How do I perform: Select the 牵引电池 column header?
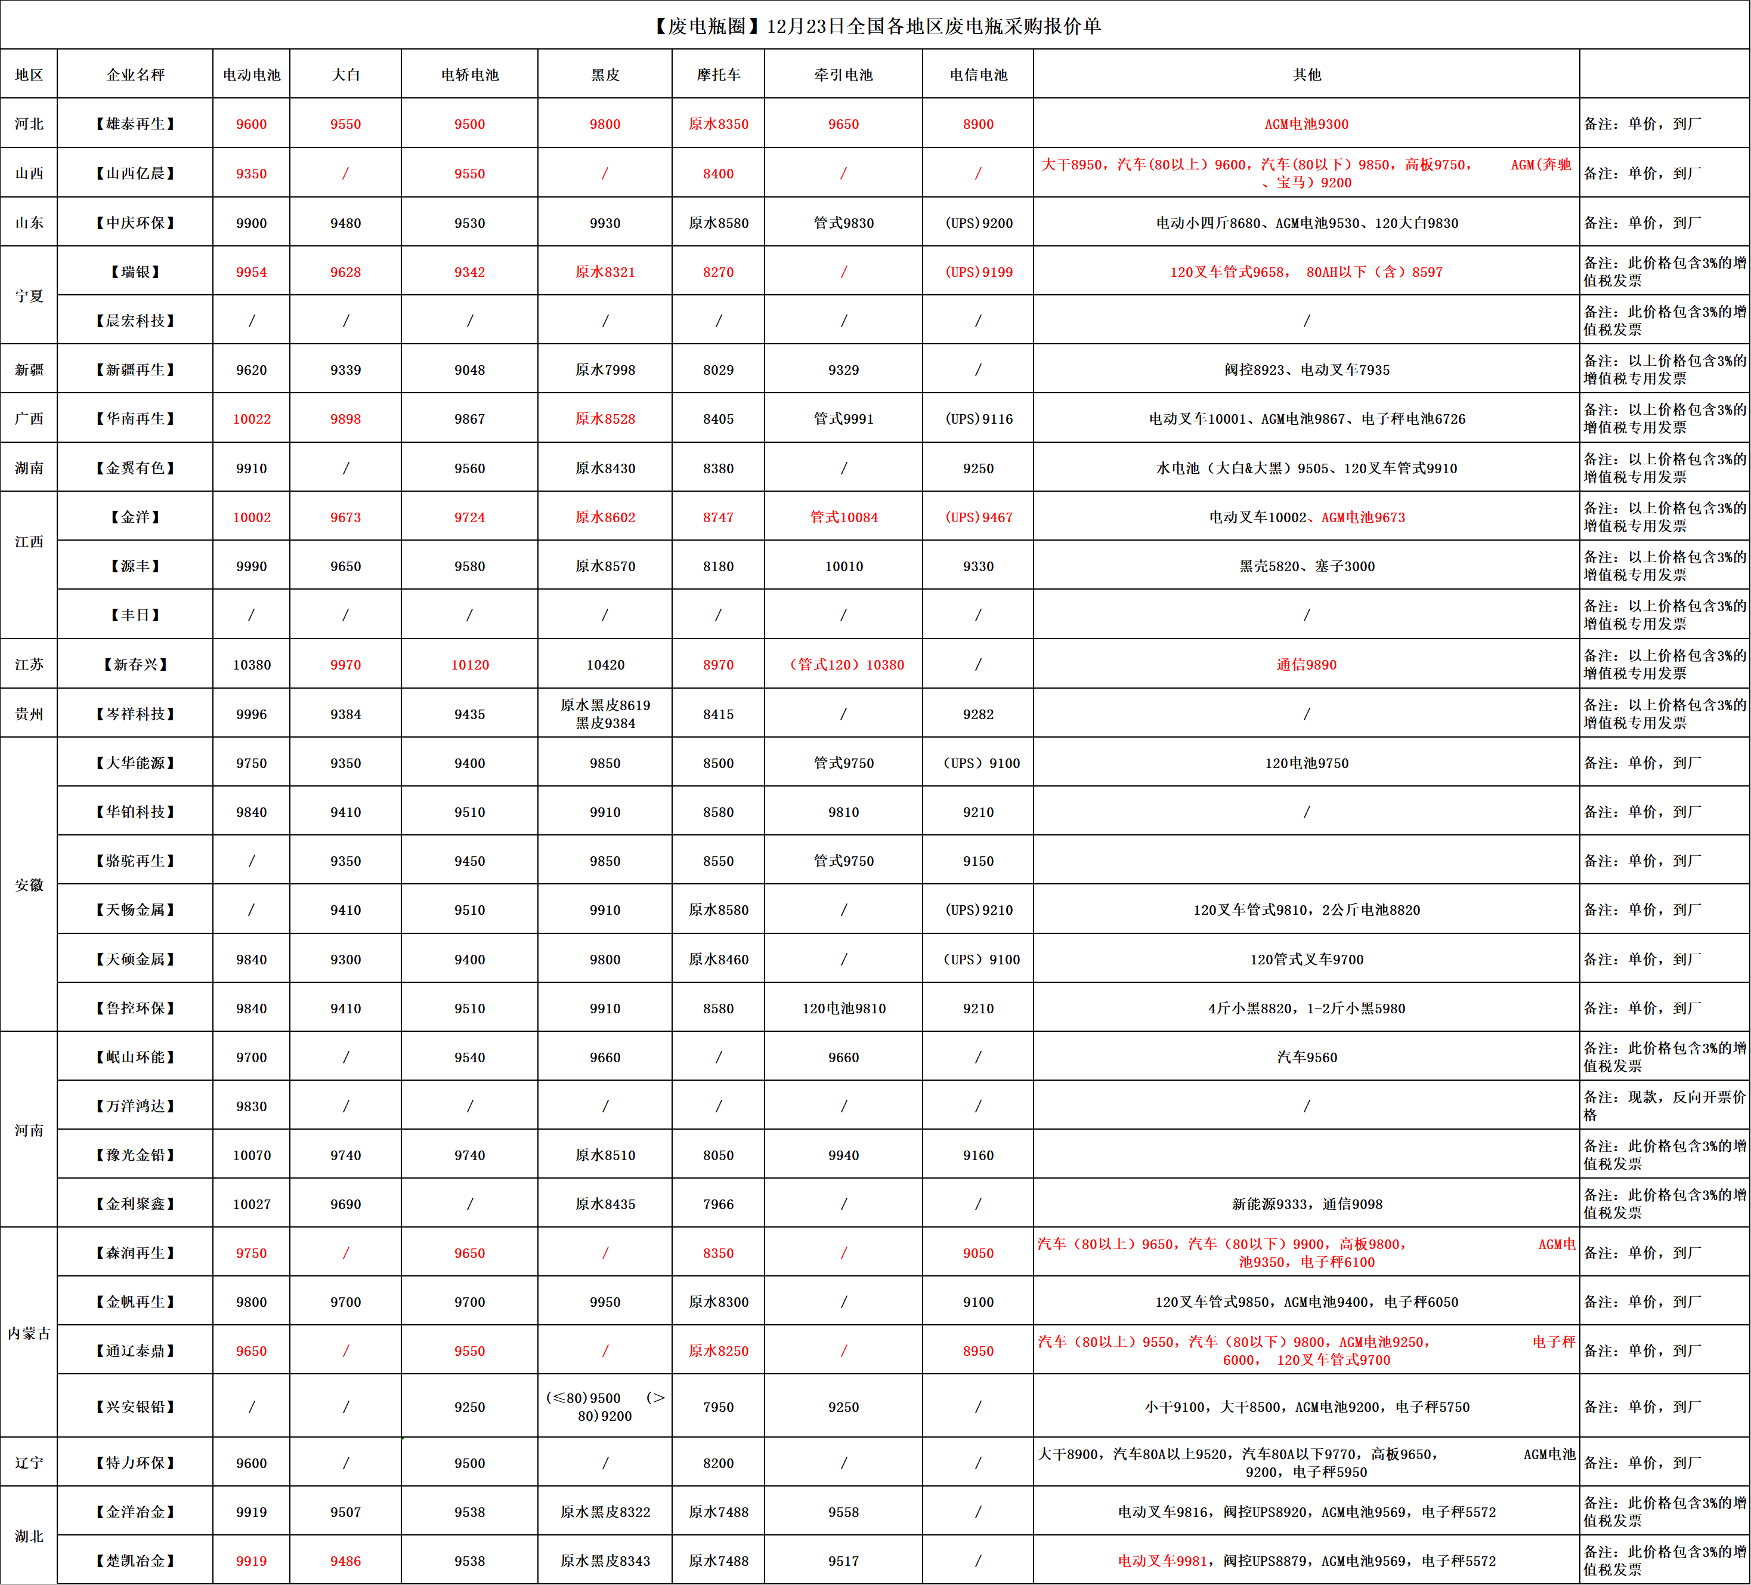coord(843,75)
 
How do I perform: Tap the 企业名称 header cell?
coord(135,75)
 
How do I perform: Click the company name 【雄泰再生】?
coord(135,124)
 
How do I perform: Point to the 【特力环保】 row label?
coord(135,1463)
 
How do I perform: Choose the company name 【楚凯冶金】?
coord(135,1561)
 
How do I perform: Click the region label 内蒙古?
coord(29,1333)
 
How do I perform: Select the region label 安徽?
coord(29,884)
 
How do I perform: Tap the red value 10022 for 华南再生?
coord(251,419)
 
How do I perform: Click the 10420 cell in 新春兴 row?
coord(605,665)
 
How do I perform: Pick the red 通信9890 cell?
coord(1305,665)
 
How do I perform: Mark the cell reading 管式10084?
coord(843,517)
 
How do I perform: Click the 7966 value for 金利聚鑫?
coord(717,1204)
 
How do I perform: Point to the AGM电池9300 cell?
coord(1305,124)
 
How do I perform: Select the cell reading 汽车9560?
coord(1305,1057)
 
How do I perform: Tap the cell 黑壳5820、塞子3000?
coord(1305,566)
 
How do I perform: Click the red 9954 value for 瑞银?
coord(251,272)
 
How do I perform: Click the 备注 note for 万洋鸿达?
coord(1663,1106)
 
